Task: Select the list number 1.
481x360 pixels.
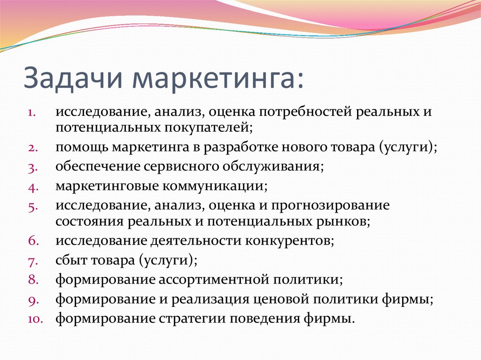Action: (x=32, y=113)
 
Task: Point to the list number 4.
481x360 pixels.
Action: (x=33, y=188)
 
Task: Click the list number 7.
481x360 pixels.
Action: (x=33, y=261)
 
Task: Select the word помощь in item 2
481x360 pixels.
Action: (x=82, y=148)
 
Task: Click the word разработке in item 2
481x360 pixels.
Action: (x=240, y=148)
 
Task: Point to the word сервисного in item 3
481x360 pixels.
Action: (x=181, y=167)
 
